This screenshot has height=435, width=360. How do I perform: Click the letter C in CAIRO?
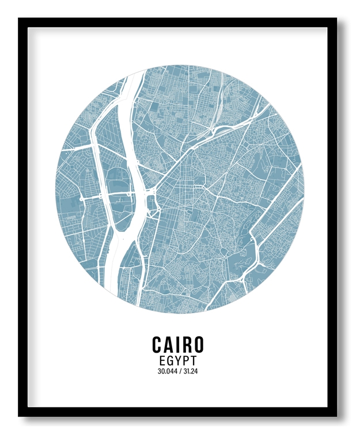tap(157, 344)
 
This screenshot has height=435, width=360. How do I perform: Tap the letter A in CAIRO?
tap(169, 344)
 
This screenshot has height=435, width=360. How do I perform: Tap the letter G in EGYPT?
tap(169, 360)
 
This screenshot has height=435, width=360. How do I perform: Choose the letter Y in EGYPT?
tap(178, 360)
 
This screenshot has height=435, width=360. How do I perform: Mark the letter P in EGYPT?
tap(186, 360)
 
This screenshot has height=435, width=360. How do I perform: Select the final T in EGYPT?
tap(194, 360)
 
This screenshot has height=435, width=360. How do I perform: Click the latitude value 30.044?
tap(166, 371)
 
